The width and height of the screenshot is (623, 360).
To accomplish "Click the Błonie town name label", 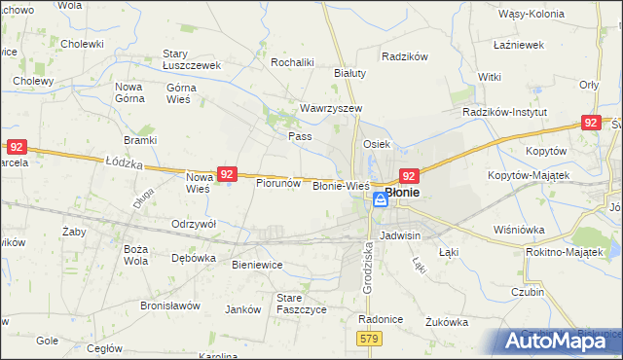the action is pyautogui.click(x=402, y=193).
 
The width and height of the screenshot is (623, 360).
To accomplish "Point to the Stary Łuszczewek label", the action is pyautogui.click(x=193, y=59).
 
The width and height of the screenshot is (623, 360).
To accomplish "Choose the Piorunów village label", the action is pyautogui.click(x=277, y=182).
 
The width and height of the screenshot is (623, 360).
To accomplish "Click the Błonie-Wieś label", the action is pyautogui.click(x=340, y=185).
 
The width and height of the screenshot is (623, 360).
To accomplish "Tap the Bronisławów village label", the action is pyautogui.click(x=169, y=305).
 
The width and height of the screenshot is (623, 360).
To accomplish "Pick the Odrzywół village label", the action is pyautogui.click(x=193, y=223).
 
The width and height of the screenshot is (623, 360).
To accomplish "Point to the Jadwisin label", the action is pyautogui.click(x=401, y=235).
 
